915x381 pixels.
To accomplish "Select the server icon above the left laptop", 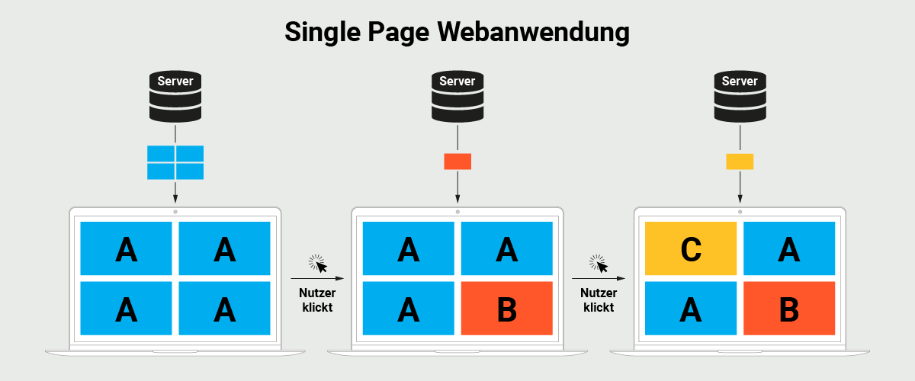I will [x=175, y=96].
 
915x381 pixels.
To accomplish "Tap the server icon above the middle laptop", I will [x=457, y=96].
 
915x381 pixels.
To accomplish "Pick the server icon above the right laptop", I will [x=740, y=96].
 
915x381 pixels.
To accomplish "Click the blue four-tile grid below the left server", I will [x=175, y=162].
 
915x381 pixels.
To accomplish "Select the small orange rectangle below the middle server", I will [x=457, y=162].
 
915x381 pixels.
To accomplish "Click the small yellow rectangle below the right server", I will [x=740, y=162].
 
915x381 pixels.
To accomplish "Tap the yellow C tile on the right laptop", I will [x=691, y=248].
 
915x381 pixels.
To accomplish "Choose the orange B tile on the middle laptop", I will [x=507, y=309].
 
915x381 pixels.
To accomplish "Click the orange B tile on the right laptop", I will [x=789, y=309].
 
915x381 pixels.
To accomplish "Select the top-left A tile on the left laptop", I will [x=126, y=248].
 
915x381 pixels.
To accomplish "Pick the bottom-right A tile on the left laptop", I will [x=225, y=309].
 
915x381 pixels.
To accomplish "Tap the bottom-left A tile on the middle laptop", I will [x=408, y=309].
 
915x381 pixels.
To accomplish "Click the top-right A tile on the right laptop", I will [x=789, y=248].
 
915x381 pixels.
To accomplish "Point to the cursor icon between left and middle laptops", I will [x=317, y=263].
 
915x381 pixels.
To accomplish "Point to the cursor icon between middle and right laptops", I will [x=599, y=263].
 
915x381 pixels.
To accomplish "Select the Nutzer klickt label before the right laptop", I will [x=599, y=300].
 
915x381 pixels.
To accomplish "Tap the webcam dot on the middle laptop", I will [x=457, y=211].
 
